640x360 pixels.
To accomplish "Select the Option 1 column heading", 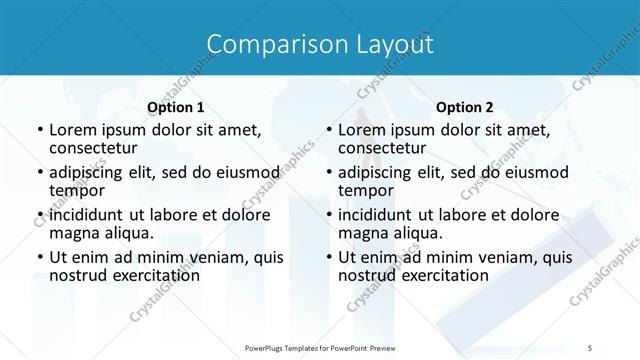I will coord(176,107).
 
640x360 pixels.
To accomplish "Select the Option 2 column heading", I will coord(464,107).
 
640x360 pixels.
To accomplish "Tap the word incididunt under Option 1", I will coord(88,214).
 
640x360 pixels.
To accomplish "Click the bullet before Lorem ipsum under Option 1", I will coord(39,130).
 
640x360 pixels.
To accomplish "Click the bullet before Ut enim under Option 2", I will coord(328,258).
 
